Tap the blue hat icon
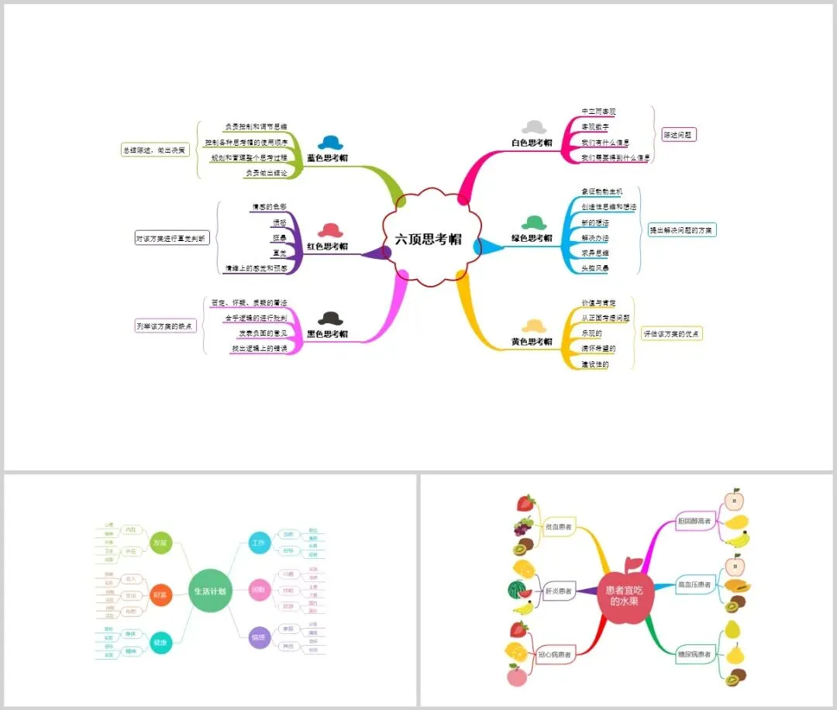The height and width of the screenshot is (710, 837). click(x=329, y=143)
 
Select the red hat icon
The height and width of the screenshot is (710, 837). click(x=330, y=230)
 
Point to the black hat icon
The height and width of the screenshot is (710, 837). click(x=330, y=318)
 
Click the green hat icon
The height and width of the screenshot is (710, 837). click(x=534, y=223)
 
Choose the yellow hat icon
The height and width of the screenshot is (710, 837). click(x=534, y=326)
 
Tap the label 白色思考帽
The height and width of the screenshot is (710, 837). click(x=532, y=143)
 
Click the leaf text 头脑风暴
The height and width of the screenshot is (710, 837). click(x=595, y=268)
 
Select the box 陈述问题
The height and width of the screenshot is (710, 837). click(x=679, y=135)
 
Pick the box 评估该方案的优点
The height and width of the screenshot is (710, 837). click(x=672, y=333)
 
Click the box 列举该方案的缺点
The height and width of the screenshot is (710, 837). click(x=165, y=326)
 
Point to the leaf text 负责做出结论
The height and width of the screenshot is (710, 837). click(x=266, y=173)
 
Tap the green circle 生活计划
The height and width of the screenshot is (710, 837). click(x=210, y=591)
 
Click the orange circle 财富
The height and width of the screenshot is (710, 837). click(x=160, y=595)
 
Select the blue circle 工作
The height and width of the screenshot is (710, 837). click(x=259, y=543)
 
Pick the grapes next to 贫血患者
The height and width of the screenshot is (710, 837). click(x=523, y=527)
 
